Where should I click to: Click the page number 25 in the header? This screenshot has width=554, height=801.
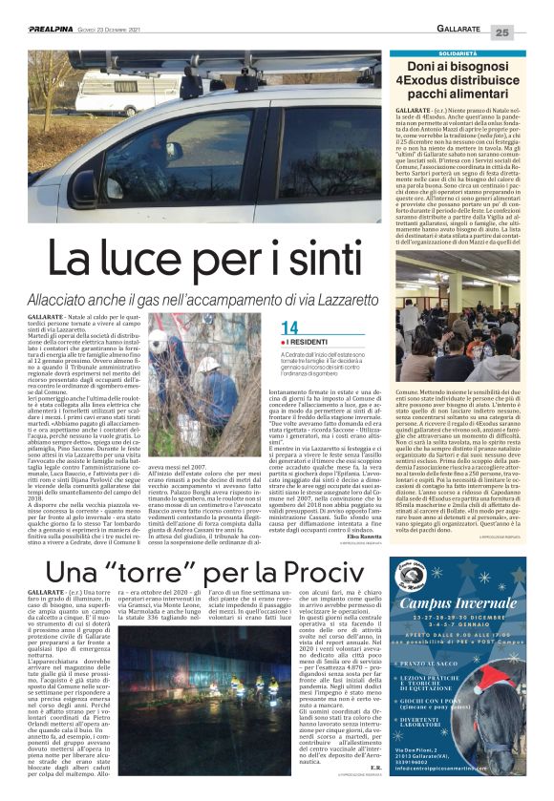pos(529,32)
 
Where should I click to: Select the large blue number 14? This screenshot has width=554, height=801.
pos(291,327)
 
